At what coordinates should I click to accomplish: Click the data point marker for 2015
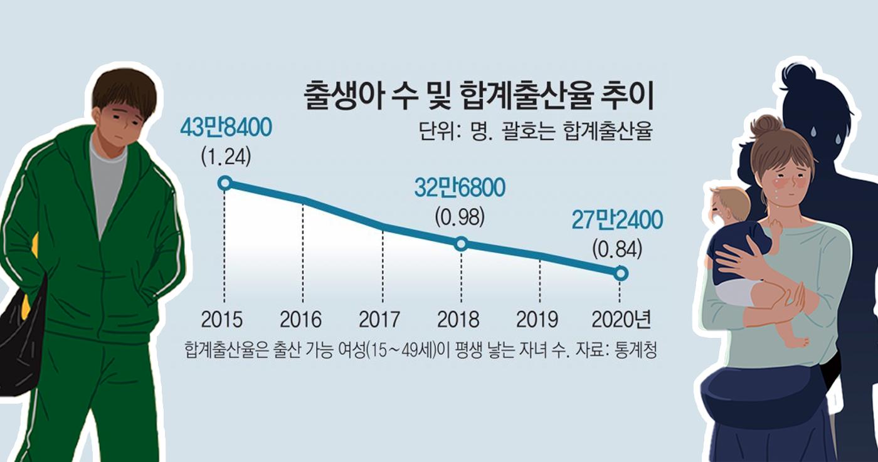pyautogui.click(x=225, y=183)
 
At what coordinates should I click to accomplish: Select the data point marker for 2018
pyautogui.click(x=461, y=244)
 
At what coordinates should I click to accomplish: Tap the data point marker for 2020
pyautogui.click(x=621, y=273)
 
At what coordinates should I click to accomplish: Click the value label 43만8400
pyautogui.click(x=225, y=129)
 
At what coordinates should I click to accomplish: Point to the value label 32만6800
pyautogui.click(x=460, y=189)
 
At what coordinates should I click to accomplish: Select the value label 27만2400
pyautogui.click(x=617, y=220)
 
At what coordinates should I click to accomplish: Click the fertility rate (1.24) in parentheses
pyautogui.click(x=226, y=156)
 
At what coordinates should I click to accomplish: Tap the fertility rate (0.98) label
pyautogui.click(x=460, y=216)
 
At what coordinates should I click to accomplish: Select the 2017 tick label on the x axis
pyautogui.click(x=379, y=320)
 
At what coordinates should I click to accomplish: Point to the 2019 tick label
pyautogui.click(x=537, y=320)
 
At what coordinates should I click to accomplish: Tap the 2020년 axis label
pyautogui.click(x=621, y=320)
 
